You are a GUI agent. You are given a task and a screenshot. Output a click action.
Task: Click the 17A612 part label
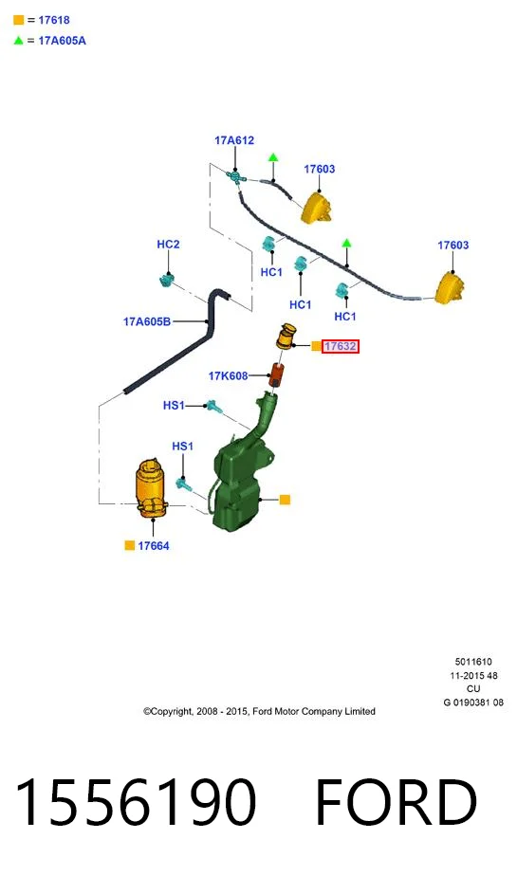click(x=234, y=140)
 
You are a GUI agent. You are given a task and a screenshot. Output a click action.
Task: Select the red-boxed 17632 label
click(x=340, y=346)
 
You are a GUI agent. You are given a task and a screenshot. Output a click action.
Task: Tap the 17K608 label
click(x=228, y=376)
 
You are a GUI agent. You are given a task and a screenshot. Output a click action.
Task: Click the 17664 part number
click(x=153, y=546)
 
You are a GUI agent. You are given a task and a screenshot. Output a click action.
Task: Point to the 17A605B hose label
click(x=146, y=321)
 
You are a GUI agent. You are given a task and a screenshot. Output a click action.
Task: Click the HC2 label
click(x=168, y=245)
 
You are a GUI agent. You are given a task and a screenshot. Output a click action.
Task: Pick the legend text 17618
click(x=54, y=20)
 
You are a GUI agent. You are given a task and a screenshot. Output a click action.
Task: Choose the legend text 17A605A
click(x=62, y=41)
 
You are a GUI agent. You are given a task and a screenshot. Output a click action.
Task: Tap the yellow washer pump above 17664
click(x=151, y=488)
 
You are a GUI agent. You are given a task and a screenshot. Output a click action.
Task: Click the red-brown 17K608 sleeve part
click(x=277, y=374)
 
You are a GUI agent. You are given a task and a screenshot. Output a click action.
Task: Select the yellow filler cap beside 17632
click(x=286, y=337)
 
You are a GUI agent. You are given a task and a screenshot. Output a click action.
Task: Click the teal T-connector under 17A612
click(x=236, y=177)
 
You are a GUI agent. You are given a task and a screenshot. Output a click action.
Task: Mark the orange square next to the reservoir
click(x=285, y=500)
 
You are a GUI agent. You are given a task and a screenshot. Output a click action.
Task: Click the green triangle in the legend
click(x=18, y=40)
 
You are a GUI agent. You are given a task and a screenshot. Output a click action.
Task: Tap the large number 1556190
click(x=136, y=801)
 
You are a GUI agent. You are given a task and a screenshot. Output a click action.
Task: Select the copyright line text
click(x=259, y=711)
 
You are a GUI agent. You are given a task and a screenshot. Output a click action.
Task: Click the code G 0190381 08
click(x=473, y=703)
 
